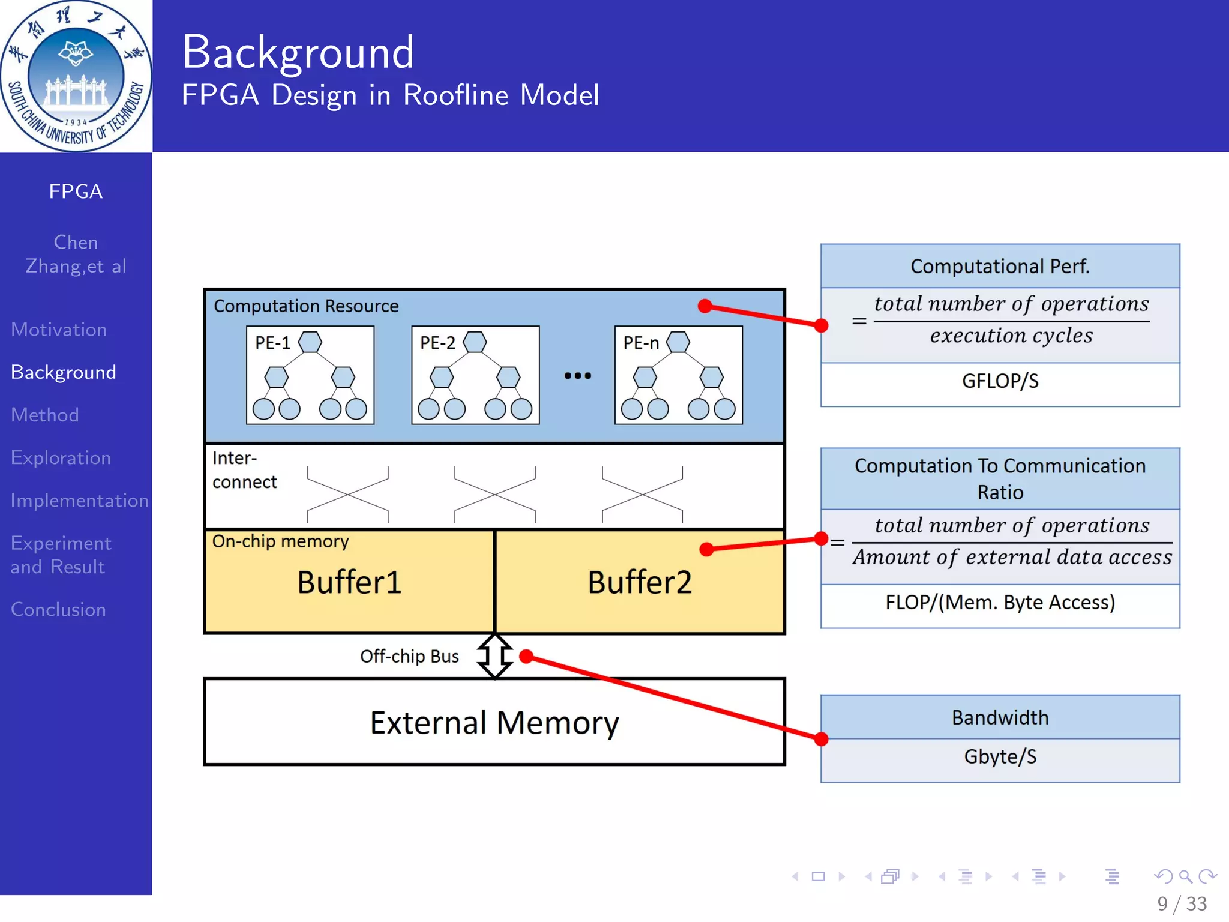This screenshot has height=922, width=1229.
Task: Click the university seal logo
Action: (x=76, y=76)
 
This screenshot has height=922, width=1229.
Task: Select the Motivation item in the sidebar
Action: (x=59, y=330)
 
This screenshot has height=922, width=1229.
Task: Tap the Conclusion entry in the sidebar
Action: (x=58, y=609)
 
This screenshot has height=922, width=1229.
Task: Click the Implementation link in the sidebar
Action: (x=79, y=500)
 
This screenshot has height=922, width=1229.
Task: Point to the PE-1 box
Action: (x=310, y=375)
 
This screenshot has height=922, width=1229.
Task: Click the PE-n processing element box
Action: (x=678, y=375)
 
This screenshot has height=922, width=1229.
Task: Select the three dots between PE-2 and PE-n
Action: (x=577, y=376)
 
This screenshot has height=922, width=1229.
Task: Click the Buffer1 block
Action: (x=349, y=582)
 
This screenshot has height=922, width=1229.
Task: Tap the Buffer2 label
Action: (x=639, y=582)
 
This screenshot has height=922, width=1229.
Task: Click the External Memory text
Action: (x=494, y=722)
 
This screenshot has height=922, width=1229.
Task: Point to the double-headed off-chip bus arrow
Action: (x=495, y=655)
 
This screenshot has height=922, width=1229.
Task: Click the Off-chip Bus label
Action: (x=409, y=656)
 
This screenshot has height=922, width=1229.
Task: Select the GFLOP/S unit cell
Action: (x=1000, y=381)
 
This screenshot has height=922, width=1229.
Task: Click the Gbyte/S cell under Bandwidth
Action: (x=1000, y=756)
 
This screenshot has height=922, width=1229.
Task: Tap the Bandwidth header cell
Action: (x=1000, y=717)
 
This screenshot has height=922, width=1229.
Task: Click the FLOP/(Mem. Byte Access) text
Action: (x=1000, y=602)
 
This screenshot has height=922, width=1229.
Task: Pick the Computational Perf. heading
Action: (x=1000, y=266)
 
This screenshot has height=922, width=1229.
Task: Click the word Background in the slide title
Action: (x=298, y=53)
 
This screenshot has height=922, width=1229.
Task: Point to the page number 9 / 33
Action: (x=1182, y=903)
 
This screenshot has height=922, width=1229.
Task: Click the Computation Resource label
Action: (x=306, y=306)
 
